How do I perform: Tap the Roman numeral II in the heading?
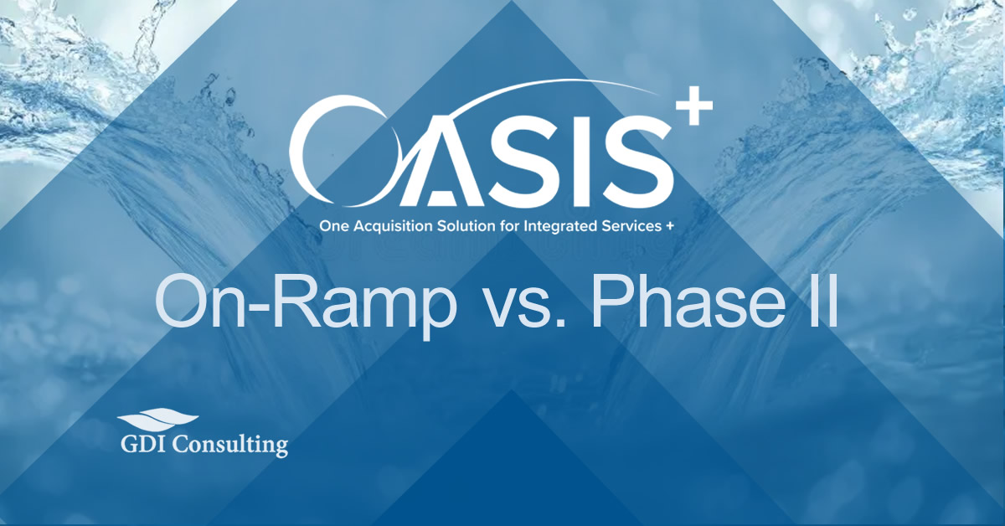pos(816,303)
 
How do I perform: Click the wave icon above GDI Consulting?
pos(157,419)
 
